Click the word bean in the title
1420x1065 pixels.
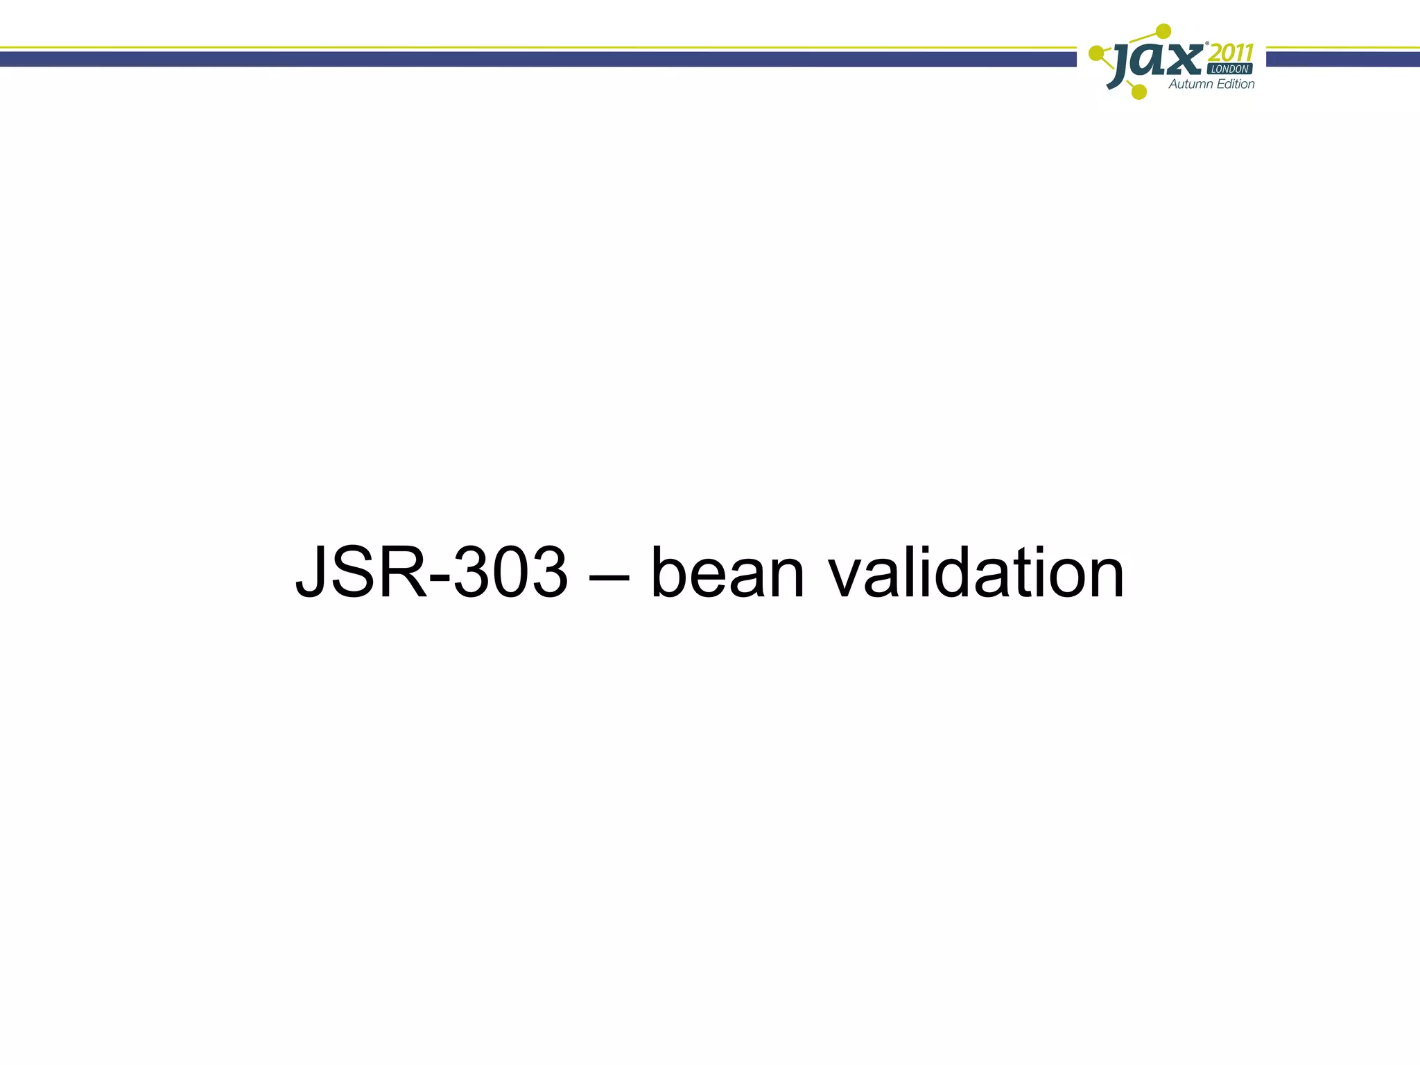[x=727, y=574]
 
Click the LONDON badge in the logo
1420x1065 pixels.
[x=1229, y=69]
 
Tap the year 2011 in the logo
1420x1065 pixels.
[x=1231, y=53]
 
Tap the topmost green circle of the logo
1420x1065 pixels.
[x=1164, y=31]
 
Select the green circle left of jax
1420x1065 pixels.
[x=1096, y=53]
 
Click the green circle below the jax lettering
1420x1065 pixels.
[x=1138, y=92]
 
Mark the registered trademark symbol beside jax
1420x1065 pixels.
[x=1207, y=44]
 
